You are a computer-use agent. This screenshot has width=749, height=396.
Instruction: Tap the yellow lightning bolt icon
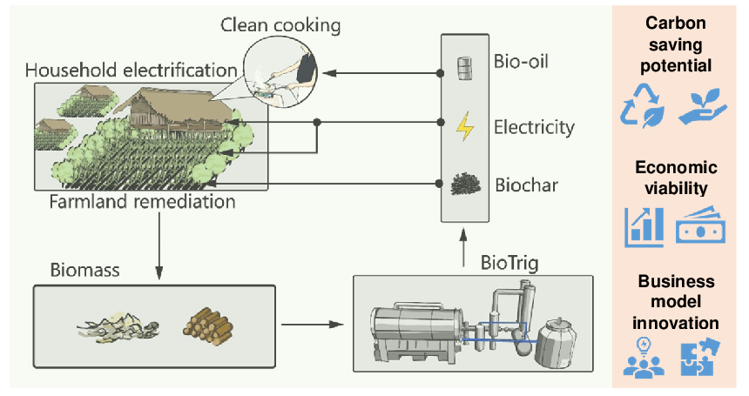(x=466, y=127)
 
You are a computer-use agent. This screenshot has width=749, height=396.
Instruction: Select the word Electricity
(x=534, y=127)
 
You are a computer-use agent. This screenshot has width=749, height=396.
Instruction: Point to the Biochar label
(x=526, y=185)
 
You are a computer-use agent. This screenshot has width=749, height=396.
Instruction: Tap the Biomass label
(x=84, y=270)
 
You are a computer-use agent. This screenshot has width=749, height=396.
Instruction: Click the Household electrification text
(x=131, y=69)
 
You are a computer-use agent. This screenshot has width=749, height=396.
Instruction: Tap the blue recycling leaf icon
(x=642, y=106)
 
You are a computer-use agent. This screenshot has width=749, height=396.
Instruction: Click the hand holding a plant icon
(x=701, y=106)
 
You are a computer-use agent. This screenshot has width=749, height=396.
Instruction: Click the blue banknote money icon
(x=701, y=226)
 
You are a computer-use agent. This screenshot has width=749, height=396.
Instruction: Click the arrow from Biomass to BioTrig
(x=310, y=325)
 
